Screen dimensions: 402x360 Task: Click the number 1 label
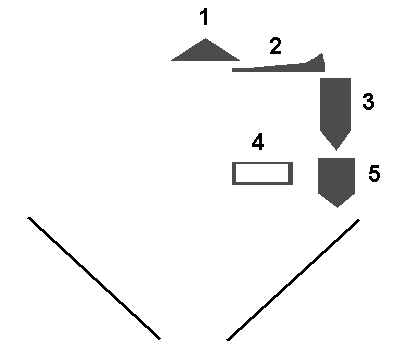[x=205, y=17]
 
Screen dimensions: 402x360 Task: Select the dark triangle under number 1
[x=205, y=53]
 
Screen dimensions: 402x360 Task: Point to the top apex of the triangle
[x=205, y=39]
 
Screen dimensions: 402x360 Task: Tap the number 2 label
[x=275, y=46]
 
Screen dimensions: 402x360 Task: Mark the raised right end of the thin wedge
[x=321, y=54]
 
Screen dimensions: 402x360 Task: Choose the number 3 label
[x=368, y=102]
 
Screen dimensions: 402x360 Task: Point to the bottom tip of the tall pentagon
[x=336, y=150]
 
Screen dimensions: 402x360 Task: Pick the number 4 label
[x=258, y=142]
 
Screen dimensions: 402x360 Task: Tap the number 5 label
[x=374, y=173]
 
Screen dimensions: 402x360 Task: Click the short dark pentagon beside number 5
[x=336, y=180]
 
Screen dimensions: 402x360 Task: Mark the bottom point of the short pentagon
[x=337, y=207]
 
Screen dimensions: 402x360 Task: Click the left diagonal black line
[x=94, y=278]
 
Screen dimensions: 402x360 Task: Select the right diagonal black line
[x=293, y=279]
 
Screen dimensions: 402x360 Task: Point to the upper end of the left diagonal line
[x=29, y=218]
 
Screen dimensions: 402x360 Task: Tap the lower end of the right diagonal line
[x=228, y=339]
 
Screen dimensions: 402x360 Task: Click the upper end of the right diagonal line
[x=359, y=220]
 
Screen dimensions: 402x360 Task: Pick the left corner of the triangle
[x=171, y=61]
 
